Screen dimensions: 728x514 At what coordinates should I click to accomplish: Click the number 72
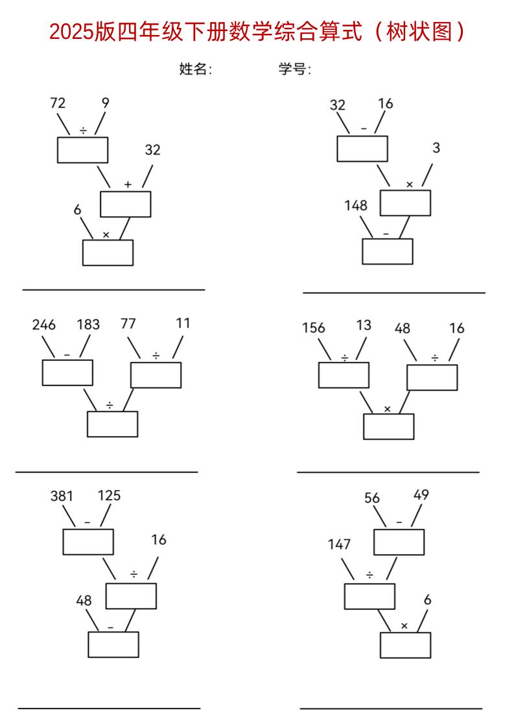(x=58, y=103)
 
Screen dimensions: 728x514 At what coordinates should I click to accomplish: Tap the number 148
(x=356, y=206)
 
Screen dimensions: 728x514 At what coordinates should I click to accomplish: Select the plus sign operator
(x=128, y=185)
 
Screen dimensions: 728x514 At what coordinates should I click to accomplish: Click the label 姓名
(x=195, y=69)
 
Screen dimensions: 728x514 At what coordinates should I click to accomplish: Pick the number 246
(x=44, y=324)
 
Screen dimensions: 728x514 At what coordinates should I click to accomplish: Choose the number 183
(x=88, y=324)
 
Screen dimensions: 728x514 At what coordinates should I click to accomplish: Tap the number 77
(x=128, y=324)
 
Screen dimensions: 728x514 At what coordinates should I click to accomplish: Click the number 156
(x=314, y=328)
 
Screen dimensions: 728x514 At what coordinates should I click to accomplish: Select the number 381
(x=62, y=496)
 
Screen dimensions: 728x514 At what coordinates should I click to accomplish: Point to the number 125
(x=109, y=496)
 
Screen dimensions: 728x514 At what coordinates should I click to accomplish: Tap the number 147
(x=339, y=544)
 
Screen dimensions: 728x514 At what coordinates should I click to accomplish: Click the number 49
(x=421, y=495)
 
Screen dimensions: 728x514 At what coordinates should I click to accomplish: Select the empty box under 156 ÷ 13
(x=344, y=375)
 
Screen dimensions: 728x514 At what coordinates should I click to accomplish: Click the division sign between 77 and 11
(x=156, y=355)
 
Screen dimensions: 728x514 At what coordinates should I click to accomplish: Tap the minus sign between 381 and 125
(x=88, y=522)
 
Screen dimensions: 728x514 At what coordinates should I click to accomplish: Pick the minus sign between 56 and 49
(x=399, y=522)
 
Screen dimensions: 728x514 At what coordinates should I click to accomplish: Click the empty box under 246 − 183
(x=67, y=372)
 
